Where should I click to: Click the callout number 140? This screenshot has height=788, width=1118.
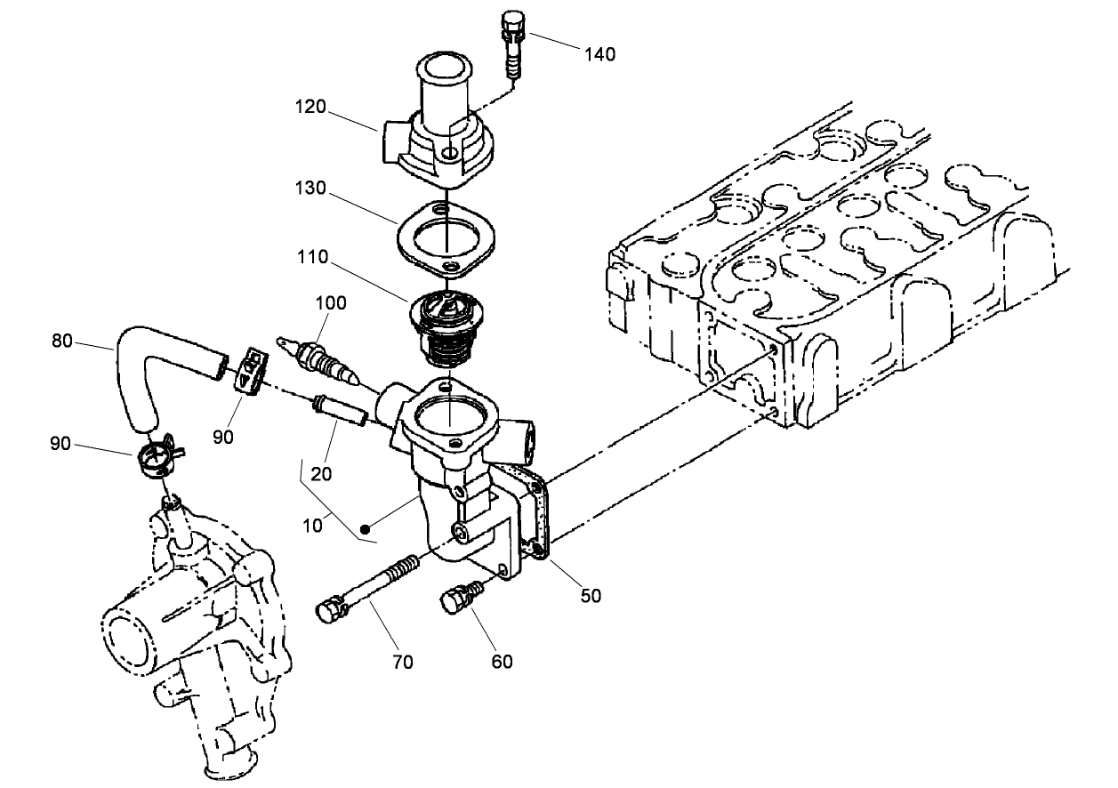pyautogui.click(x=599, y=54)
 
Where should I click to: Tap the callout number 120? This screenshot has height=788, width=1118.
pyautogui.click(x=310, y=108)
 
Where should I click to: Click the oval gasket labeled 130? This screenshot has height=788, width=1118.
pyautogui.click(x=444, y=238)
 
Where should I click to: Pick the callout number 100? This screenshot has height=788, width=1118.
pyautogui.click(x=330, y=302)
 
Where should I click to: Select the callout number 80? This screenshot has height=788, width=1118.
pyautogui.click(x=61, y=340)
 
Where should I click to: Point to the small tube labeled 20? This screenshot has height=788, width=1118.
pyautogui.click(x=338, y=411)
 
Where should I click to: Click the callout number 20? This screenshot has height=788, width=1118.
pyautogui.click(x=321, y=474)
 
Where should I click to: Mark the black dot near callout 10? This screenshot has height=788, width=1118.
pyautogui.click(x=366, y=527)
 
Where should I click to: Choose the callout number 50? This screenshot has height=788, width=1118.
pyautogui.click(x=591, y=596)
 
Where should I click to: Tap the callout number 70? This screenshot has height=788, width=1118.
pyautogui.click(x=402, y=662)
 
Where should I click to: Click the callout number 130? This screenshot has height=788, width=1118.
pyautogui.click(x=310, y=189)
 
